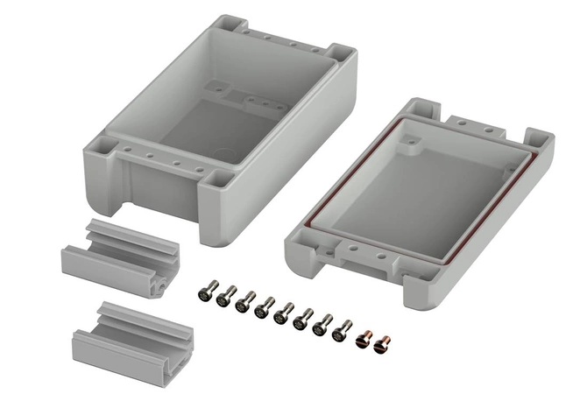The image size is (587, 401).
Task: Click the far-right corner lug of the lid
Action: (x=537, y=140)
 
